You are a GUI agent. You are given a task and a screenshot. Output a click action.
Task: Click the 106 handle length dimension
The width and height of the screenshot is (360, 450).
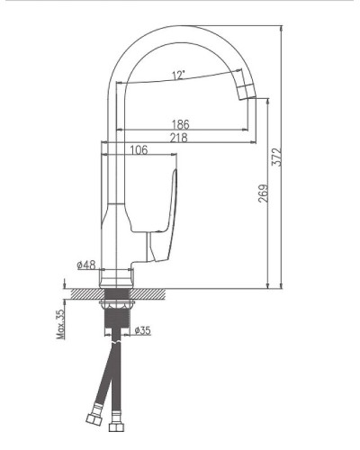[x=139, y=150]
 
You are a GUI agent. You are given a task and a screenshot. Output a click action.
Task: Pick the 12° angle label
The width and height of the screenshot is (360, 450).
[x=180, y=76]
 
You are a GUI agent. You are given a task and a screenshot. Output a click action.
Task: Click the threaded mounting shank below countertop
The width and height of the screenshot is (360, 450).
[x=117, y=315]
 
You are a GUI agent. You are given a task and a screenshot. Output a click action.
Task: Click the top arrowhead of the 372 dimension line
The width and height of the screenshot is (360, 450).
[x=283, y=28]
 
